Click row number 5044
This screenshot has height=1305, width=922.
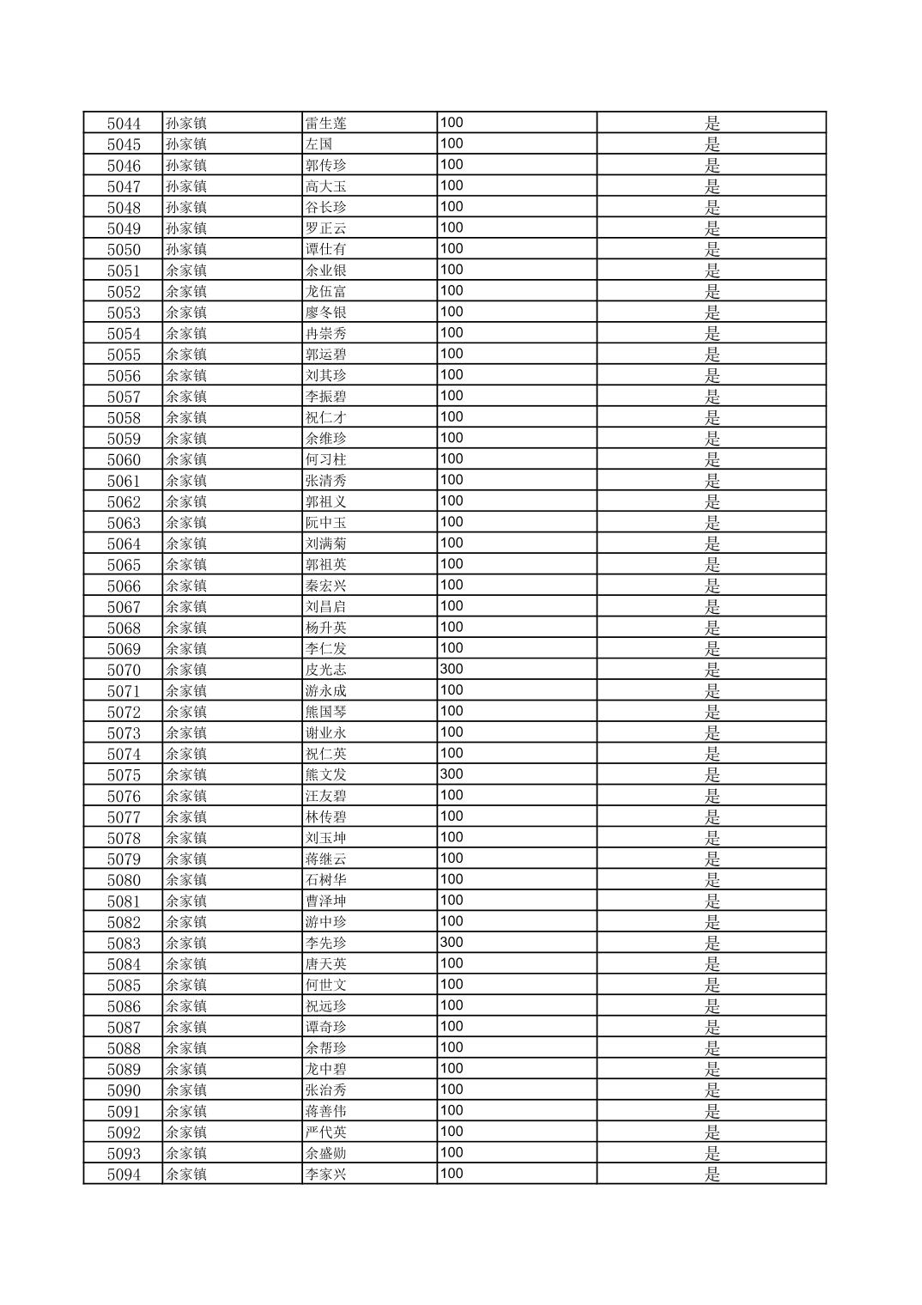[x=124, y=124]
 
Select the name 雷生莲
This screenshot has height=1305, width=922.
[x=325, y=124]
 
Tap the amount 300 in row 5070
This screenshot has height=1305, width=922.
[x=452, y=669]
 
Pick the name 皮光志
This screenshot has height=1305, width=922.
[x=325, y=670]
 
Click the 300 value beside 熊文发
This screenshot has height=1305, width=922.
[x=452, y=774]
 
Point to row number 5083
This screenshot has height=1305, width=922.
[x=124, y=944]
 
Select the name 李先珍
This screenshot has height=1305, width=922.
[x=325, y=944]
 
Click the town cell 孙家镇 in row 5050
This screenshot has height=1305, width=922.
[x=186, y=250]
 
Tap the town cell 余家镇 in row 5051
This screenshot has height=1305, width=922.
[x=186, y=270]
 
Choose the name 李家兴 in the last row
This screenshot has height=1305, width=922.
[x=325, y=1174]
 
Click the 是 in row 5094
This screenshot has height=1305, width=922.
[x=712, y=1174]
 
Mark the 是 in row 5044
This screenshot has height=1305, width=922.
[x=712, y=124]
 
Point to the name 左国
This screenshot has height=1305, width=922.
[x=318, y=144]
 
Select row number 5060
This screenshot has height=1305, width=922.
[x=124, y=460]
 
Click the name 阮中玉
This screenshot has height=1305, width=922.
[x=325, y=523]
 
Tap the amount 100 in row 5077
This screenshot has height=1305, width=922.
[x=452, y=816]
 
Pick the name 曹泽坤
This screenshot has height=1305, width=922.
[x=325, y=901]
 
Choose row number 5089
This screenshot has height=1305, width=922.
[x=124, y=1070]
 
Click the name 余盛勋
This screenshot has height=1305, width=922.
[x=325, y=1154]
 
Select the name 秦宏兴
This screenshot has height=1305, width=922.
[x=325, y=586]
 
